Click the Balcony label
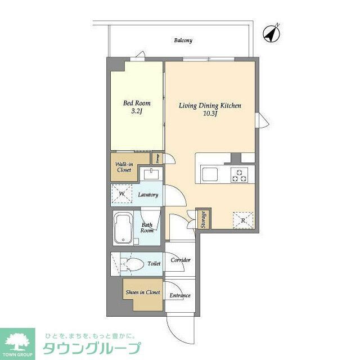pos(183,40)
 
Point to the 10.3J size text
pos(210,114)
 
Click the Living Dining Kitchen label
pos(210,105)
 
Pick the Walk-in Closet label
pos(124,166)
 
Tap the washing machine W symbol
pos(121,195)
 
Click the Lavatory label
pos(149,195)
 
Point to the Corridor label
pos(181,260)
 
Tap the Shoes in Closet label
pos(143,292)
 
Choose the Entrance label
pos(181,295)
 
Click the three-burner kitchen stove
pos(238,175)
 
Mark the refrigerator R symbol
pos(242,220)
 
